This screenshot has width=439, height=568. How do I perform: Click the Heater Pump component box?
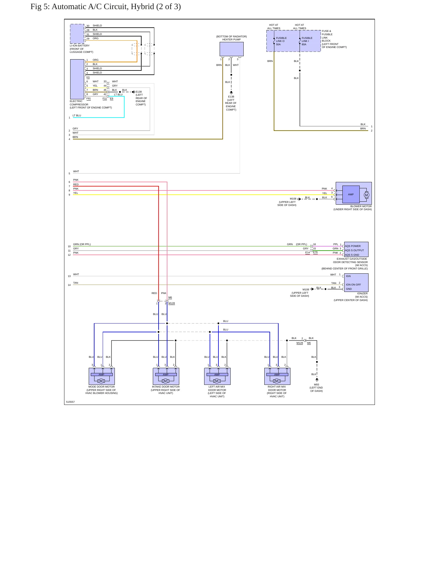click(232, 49)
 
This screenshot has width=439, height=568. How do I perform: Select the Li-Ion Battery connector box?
click(77, 34)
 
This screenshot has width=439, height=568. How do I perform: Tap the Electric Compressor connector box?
click(77, 79)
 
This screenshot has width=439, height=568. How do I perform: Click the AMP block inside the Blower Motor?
click(351, 194)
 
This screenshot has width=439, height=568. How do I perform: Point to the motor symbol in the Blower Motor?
click(366, 195)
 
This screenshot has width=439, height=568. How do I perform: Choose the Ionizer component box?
click(356, 282)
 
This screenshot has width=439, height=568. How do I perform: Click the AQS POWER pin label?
click(353, 246)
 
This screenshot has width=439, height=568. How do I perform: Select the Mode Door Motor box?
click(101, 376)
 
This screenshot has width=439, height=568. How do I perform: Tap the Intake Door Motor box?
click(166, 376)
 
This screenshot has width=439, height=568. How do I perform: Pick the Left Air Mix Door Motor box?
click(217, 376)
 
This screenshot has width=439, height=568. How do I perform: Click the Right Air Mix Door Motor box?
click(277, 376)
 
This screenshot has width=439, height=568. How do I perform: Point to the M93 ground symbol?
click(317, 380)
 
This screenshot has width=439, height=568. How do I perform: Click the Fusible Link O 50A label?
click(281, 41)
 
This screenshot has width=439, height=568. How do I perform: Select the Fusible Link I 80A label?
click(307, 41)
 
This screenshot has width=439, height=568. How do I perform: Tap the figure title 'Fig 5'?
click(39, 7)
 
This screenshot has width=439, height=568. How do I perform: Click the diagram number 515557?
click(70, 402)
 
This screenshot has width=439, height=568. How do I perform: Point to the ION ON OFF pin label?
click(353, 285)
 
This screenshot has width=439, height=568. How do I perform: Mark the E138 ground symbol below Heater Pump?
click(231, 92)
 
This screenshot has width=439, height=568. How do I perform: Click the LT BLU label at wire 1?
click(77, 115)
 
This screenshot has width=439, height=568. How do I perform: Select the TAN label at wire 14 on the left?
click(76, 283)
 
